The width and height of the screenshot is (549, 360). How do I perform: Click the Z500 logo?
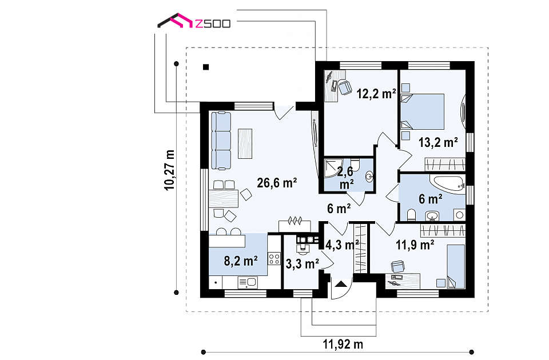194,21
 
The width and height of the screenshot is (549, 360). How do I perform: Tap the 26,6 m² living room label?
277,183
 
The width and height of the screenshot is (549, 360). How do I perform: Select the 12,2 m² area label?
376,93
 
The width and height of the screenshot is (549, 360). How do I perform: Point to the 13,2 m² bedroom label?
439,142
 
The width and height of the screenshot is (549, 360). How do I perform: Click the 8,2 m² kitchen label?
241,261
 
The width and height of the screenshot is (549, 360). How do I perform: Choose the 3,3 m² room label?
302,264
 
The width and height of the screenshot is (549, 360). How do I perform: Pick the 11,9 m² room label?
415,245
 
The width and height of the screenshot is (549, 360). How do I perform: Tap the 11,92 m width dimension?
343,344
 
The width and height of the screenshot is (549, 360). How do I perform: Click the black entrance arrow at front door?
340,284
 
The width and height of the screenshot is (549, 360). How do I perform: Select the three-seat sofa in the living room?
221,141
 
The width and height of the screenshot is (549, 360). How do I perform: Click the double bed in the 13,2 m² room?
422,111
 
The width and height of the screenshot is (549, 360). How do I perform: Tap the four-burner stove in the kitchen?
274,259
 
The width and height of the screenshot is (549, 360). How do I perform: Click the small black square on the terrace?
206,67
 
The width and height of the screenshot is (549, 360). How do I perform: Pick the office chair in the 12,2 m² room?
344,86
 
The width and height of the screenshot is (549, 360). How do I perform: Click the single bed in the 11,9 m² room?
456,266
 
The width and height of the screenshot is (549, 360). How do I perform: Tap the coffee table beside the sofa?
245,144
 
